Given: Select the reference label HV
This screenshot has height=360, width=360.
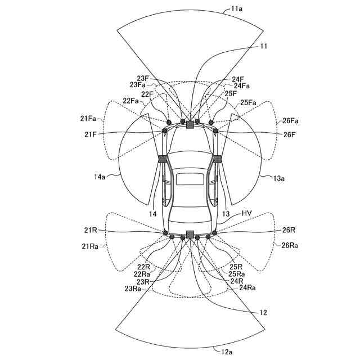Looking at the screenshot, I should point(246,214).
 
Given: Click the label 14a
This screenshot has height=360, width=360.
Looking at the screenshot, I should point(100,176).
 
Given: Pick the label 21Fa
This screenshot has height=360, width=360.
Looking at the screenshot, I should point(88,119).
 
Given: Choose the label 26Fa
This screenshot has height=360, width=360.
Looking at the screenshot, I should point(291,121).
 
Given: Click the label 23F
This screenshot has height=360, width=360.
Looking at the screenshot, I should point(143,78).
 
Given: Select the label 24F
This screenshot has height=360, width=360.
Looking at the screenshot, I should point(238,79).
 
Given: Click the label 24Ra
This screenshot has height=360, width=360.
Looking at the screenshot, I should point(248,287).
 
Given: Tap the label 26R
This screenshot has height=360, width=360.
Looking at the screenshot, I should point(289,230).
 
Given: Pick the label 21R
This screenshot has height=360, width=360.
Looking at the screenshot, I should point(91,230).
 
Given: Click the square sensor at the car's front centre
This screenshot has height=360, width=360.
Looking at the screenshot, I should point(190,125).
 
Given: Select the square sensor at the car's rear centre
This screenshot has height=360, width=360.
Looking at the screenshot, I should point(190,234).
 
